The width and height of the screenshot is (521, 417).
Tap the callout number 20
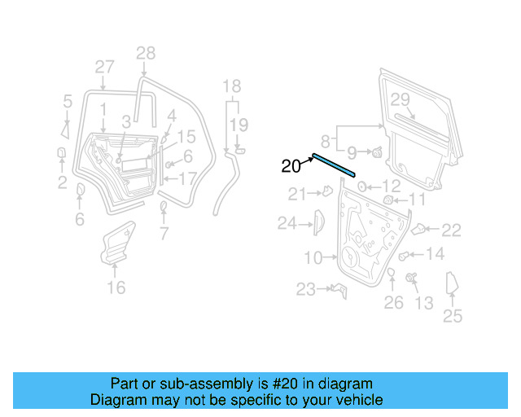[x=291, y=166]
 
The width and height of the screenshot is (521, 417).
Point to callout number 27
[x=104, y=68]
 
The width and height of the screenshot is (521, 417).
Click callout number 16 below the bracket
[x=116, y=287]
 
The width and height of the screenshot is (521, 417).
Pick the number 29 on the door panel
[x=400, y=99]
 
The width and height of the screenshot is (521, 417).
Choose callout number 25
[x=452, y=316]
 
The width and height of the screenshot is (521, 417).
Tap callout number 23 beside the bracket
[x=305, y=289]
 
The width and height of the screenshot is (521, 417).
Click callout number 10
[x=313, y=258]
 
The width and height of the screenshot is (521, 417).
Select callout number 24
[x=287, y=222]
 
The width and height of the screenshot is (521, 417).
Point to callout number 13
[x=424, y=303]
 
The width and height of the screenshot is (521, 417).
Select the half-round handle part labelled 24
[x=318, y=221]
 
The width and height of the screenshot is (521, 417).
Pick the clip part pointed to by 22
[x=419, y=229]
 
